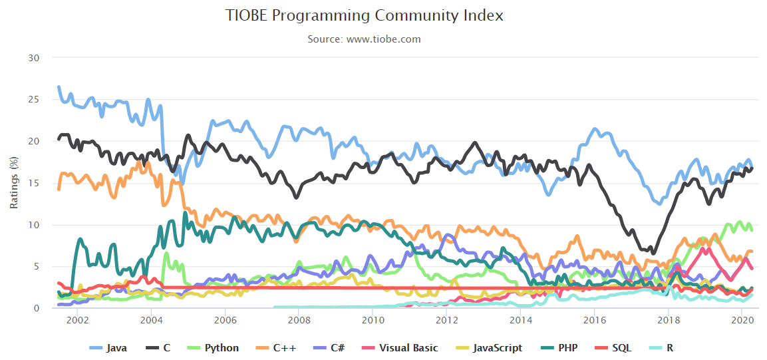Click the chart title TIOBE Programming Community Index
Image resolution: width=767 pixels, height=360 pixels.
coord(364,15)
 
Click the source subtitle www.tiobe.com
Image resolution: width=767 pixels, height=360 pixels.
coord(364,39)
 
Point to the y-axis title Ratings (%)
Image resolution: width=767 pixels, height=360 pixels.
coord(14,183)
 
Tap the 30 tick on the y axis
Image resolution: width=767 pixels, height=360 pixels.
coord(35,58)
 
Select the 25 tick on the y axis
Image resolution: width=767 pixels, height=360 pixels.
coord(35,100)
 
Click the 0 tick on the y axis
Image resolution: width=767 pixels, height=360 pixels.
coord(37,308)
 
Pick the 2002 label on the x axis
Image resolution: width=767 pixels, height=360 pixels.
coord(77,321)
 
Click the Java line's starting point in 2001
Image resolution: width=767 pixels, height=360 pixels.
coord(59,87)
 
